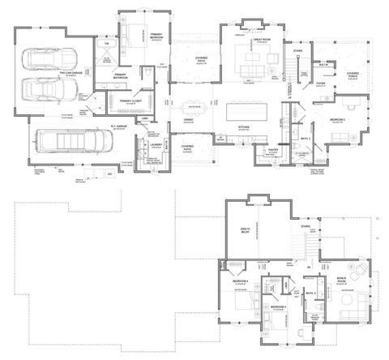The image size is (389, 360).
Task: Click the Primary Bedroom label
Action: [x=156, y=36]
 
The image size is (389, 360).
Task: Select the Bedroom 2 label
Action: [x=338, y=119]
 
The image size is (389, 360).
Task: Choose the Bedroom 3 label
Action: [x=278, y=309]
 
